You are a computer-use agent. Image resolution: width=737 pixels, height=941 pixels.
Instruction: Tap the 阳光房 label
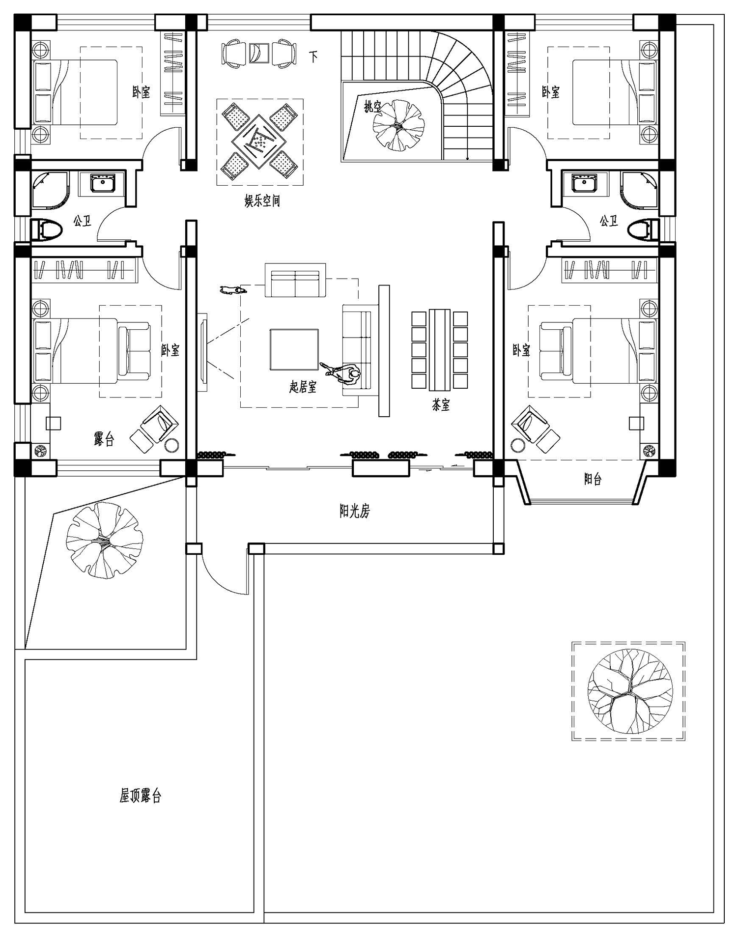354,512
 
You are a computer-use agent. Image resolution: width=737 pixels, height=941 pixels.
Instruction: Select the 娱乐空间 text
262,200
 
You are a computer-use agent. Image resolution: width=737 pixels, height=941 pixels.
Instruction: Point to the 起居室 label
303,387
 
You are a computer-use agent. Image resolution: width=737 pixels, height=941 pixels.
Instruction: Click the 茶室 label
441,405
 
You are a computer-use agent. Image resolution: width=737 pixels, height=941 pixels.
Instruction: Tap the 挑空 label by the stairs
373,106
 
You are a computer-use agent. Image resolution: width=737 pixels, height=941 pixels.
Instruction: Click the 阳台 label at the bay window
593,479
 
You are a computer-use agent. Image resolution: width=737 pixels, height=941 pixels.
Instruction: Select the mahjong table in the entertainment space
260,142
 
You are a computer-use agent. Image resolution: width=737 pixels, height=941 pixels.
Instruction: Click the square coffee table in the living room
294,349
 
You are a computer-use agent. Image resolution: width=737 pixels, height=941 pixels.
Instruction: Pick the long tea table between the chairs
440,349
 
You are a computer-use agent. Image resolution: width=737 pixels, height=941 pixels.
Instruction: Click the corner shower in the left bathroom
50,189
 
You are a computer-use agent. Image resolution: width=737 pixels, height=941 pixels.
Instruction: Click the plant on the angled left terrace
105,540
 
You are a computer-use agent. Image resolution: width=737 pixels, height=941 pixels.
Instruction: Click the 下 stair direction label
313,56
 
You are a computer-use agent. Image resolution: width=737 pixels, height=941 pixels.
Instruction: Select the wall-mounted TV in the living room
203,352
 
